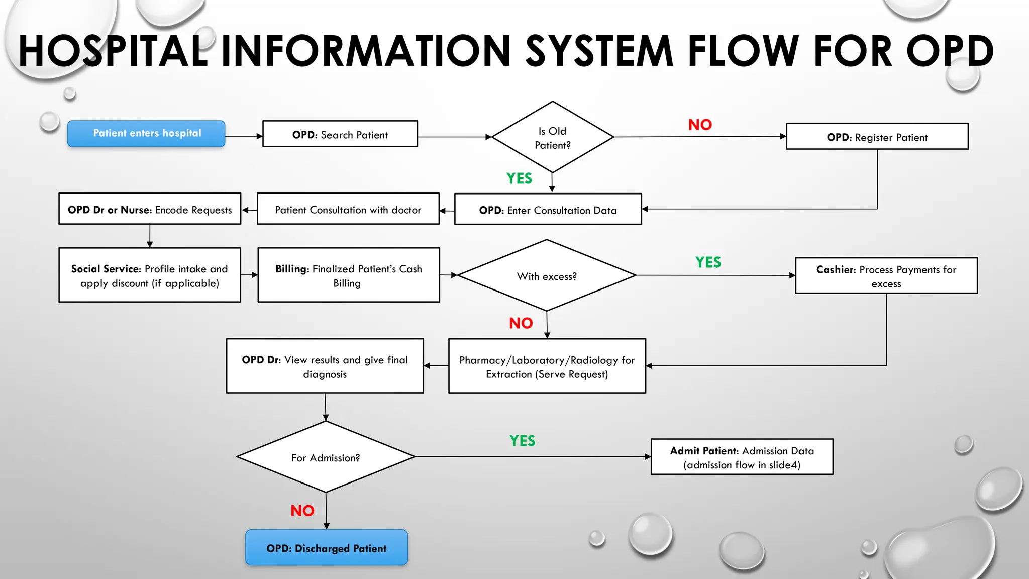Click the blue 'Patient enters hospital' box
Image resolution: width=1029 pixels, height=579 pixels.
tap(146, 134)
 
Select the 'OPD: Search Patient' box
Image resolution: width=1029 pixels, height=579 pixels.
tap(340, 134)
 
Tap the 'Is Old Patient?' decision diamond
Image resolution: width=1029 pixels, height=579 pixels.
tap(552, 137)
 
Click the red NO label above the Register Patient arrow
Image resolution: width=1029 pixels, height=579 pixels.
tap(700, 125)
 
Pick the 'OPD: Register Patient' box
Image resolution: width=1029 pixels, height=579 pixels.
tap(877, 137)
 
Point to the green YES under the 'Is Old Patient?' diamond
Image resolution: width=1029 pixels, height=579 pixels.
tap(519, 178)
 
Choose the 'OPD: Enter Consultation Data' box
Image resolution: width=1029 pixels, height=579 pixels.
tap(548, 210)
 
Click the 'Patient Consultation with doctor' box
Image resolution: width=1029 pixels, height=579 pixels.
tap(348, 209)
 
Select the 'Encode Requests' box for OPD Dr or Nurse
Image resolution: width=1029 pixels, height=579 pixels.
tap(150, 209)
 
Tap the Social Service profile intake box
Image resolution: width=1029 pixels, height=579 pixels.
tap(150, 275)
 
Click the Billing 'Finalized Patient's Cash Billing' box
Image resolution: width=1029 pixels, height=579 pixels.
tap(348, 275)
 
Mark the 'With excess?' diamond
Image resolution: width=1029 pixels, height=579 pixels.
tap(547, 276)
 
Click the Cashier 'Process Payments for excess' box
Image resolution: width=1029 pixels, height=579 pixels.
tap(886, 276)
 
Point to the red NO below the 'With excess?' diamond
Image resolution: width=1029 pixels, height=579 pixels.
tap(521, 323)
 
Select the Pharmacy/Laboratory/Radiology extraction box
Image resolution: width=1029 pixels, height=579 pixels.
tap(547, 366)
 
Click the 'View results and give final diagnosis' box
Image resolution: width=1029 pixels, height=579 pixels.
tap(325, 366)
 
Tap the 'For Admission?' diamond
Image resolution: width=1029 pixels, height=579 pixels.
tap(326, 457)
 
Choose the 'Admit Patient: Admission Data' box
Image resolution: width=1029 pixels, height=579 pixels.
tap(742, 457)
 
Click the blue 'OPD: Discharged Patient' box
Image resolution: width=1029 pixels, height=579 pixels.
tap(327, 548)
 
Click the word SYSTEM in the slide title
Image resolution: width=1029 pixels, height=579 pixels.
tap(599, 51)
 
